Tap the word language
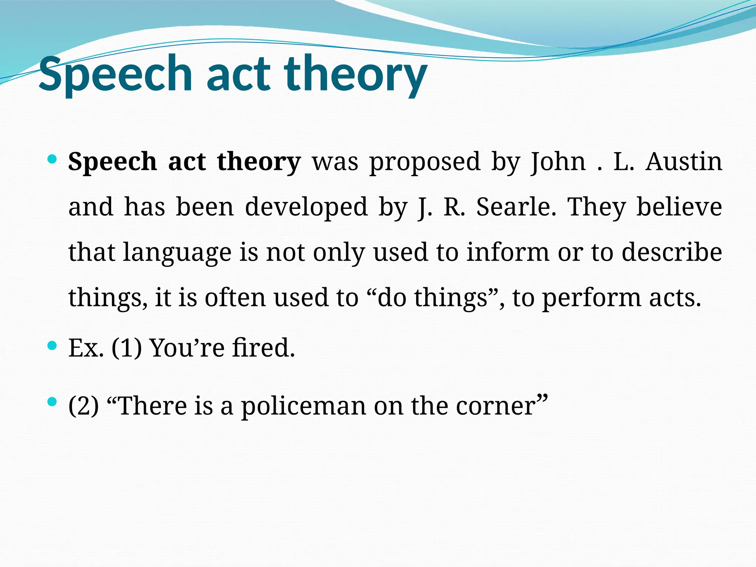[x=177, y=252]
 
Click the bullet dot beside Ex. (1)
[x=52, y=346]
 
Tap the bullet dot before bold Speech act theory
[x=52, y=160]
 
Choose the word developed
[x=306, y=207]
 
